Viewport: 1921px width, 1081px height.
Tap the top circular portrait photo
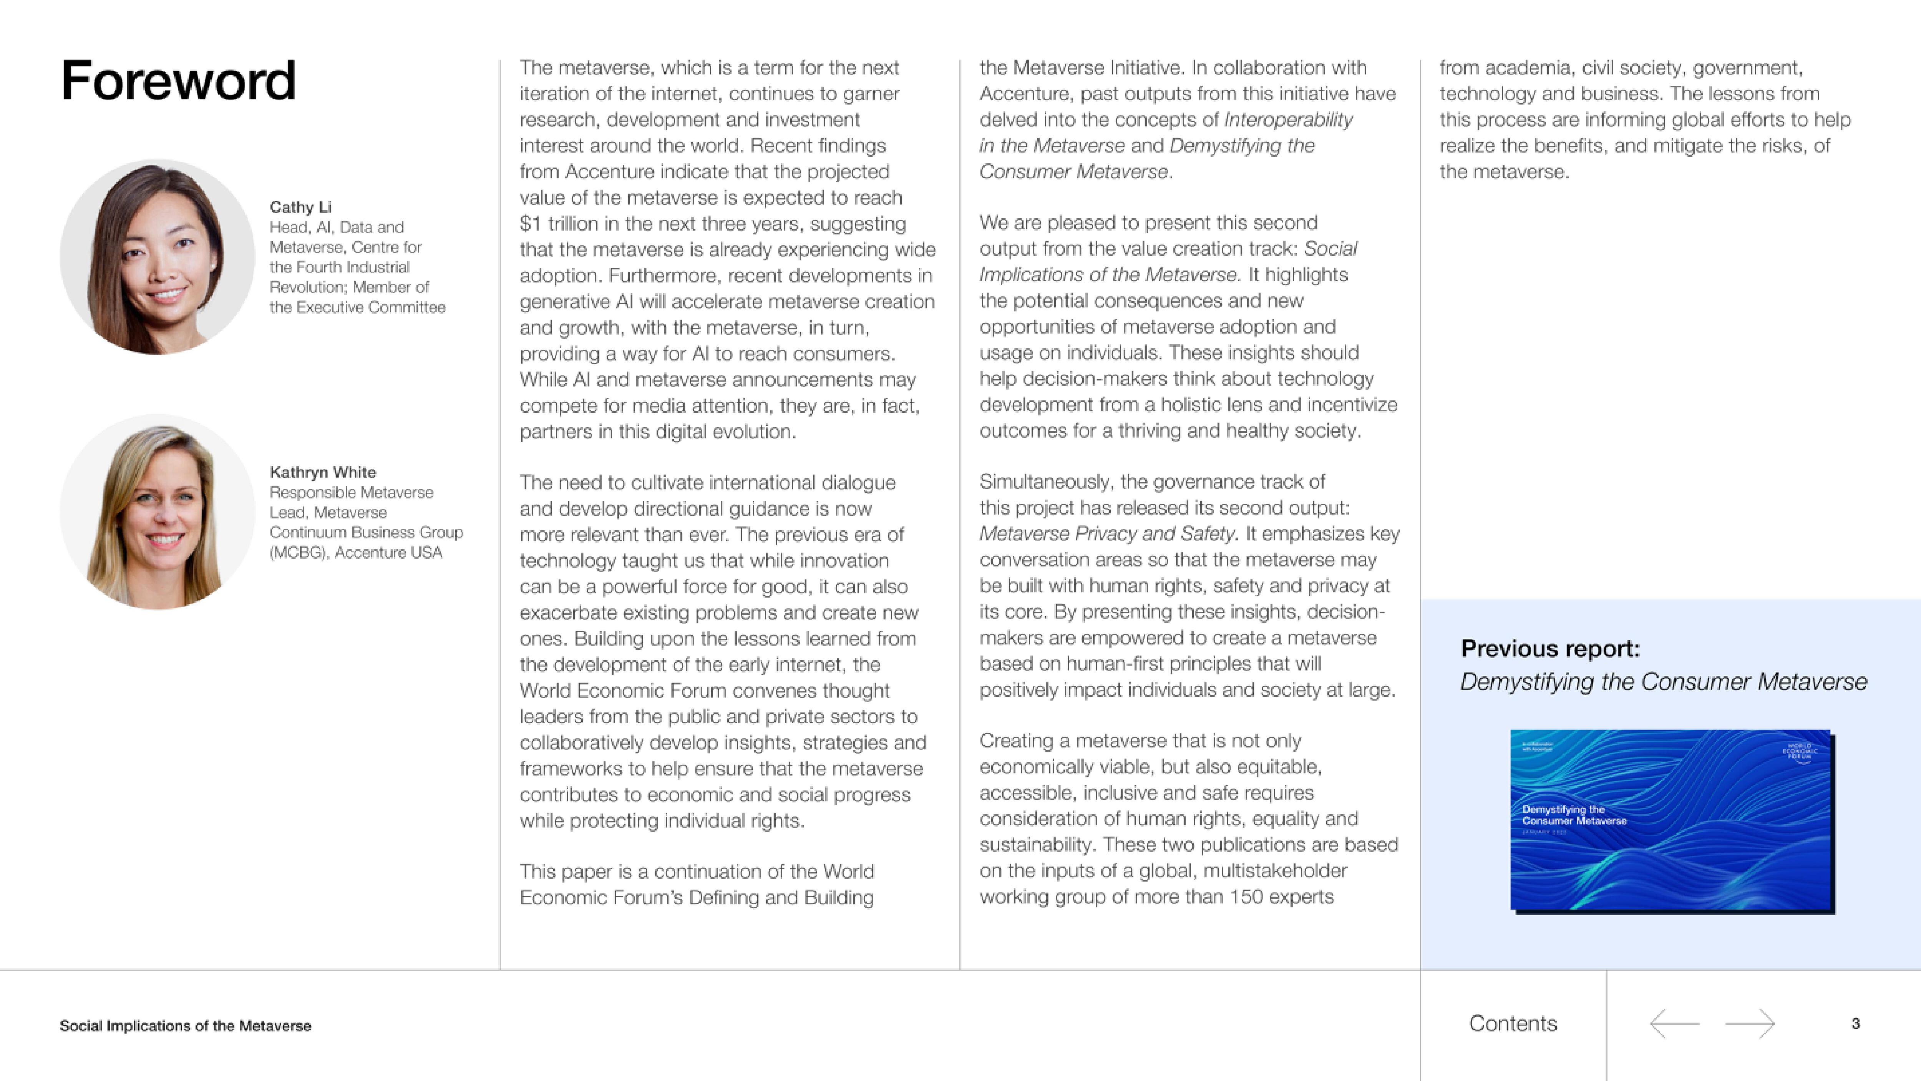click(x=158, y=257)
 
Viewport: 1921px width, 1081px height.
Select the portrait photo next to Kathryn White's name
click(x=158, y=512)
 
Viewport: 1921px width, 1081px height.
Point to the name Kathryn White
click(x=322, y=472)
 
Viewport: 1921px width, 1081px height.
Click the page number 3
click(x=1855, y=1024)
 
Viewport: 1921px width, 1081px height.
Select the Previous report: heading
click(x=1549, y=648)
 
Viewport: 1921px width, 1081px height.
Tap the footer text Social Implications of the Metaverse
click(x=185, y=1026)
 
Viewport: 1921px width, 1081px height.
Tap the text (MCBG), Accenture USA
click(x=356, y=553)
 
